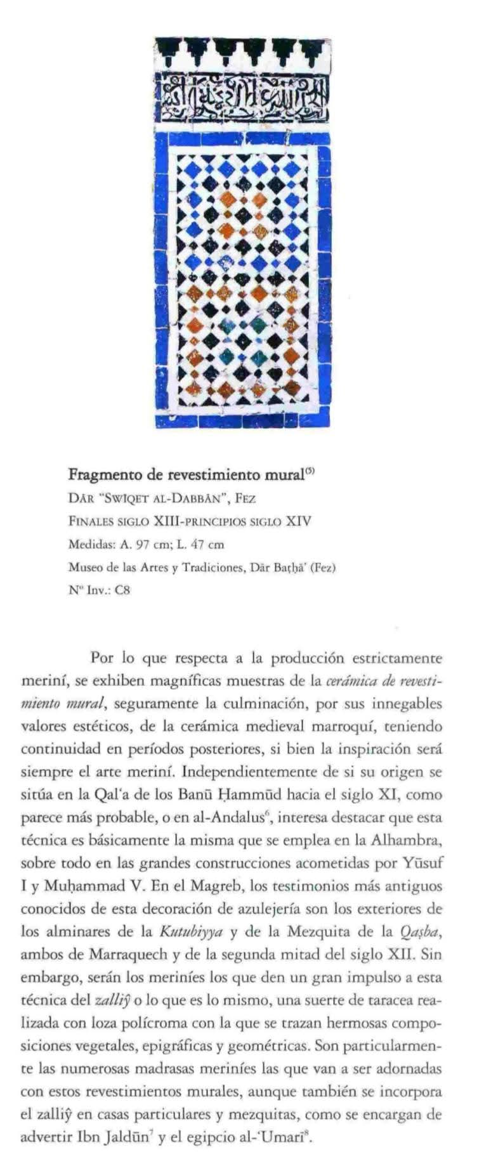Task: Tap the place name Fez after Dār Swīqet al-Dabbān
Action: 245,498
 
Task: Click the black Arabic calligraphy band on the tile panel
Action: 244,96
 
